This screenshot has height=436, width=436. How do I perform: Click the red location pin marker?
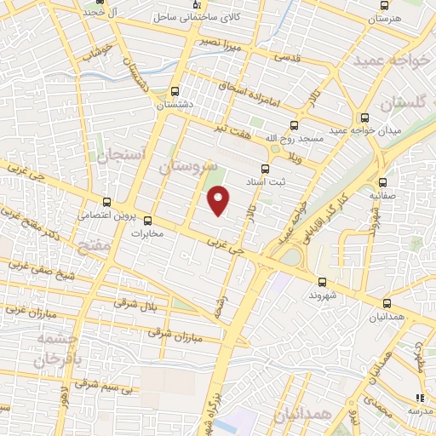click(219, 202)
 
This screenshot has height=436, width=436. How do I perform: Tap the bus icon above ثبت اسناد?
click(264, 169)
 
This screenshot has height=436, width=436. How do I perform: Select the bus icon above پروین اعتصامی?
click(106, 203)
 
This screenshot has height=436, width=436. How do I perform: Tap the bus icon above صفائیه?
click(382, 182)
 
